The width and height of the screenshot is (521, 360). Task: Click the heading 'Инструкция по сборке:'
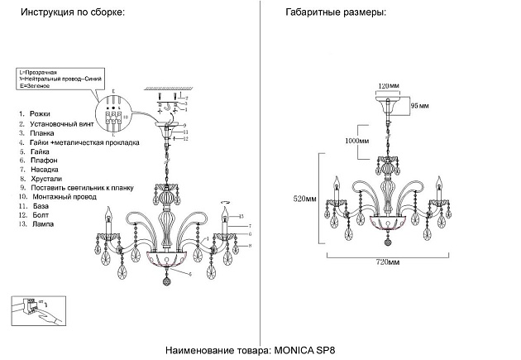[73, 15]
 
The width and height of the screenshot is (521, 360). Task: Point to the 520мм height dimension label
[304, 199]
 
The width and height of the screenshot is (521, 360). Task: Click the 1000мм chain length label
[347, 142]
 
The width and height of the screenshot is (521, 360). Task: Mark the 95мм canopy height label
[420, 106]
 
